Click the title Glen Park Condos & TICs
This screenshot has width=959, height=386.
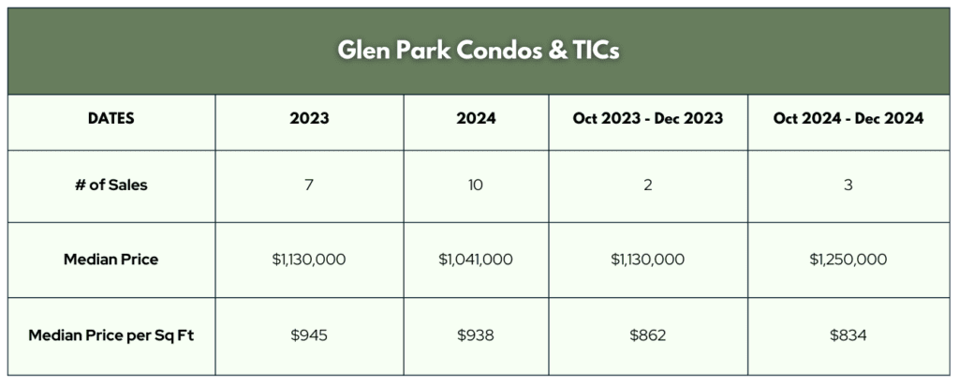(479, 51)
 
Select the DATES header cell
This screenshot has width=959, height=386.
(111, 118)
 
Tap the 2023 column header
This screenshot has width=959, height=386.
(309, 118)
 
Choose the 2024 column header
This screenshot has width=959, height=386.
(476, 118)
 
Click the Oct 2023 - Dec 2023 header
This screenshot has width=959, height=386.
(648, 118)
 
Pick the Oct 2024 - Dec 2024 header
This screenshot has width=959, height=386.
(848, 118)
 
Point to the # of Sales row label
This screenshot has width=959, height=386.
(111, 185)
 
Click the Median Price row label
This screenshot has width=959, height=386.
(111, 260)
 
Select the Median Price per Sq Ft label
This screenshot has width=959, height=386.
(111, 335)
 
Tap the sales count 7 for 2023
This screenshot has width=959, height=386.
(309, 185)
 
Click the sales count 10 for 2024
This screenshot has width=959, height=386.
(476, 185)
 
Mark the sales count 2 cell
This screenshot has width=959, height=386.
(648, 185)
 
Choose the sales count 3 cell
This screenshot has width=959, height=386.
(848, 185)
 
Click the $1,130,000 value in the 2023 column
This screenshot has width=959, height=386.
(309, 260)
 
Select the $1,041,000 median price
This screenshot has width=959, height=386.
(476, 260)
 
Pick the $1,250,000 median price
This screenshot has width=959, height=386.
(848, 260)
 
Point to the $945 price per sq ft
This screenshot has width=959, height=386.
(309, 335)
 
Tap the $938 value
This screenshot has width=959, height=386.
(476, 335)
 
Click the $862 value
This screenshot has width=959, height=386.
(648, 335)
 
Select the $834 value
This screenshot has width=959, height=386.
(848, 335)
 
